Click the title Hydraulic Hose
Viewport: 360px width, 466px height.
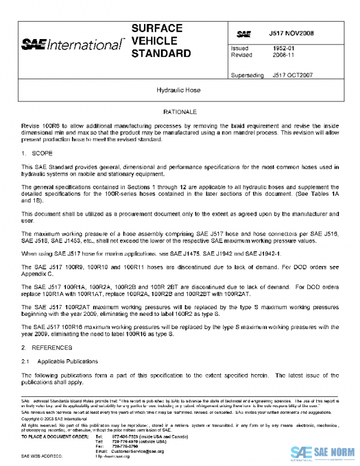pyautogui.click(x=179, y=91)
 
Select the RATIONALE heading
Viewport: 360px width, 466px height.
pyautogui.click(x=179, y=112)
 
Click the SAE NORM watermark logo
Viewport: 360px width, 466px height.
pyautogui.click(x=324, y=452)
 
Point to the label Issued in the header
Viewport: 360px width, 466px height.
pyautogui.click(x=239, y=48)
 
